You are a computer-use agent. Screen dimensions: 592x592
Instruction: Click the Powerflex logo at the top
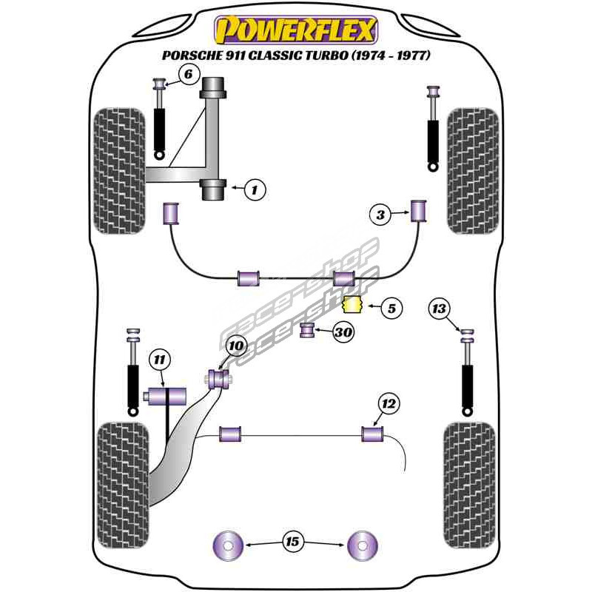pos(296,30)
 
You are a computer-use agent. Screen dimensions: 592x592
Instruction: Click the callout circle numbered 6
pos(188,74)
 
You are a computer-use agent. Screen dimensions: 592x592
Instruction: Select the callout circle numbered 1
pos(254,190)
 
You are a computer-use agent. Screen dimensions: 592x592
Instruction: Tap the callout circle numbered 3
pos(380,215)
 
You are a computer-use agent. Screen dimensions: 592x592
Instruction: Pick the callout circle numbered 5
pos(391,309)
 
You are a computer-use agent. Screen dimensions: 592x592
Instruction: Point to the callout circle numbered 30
pos(343,332)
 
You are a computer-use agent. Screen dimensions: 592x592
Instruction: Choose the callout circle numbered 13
pos(440,309)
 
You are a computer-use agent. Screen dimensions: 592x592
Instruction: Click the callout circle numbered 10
pos(235,345)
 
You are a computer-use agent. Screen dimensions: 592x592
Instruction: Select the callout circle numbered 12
pos(388,404)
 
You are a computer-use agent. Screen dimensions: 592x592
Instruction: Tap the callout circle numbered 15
pos(292,542)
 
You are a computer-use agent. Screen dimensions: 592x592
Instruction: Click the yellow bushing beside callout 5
pos(353,304)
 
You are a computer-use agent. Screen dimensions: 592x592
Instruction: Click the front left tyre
pos(118,172)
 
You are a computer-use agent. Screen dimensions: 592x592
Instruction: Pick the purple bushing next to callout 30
pos(308,329)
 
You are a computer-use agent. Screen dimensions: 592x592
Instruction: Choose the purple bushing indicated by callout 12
pos(371,433)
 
